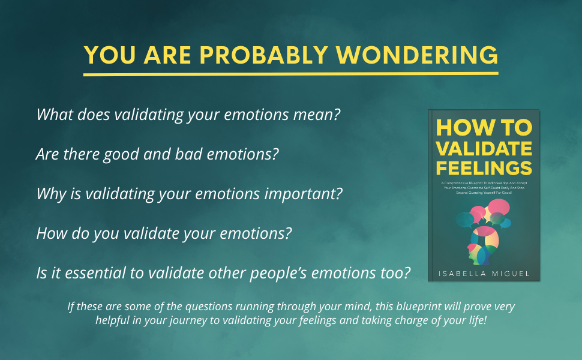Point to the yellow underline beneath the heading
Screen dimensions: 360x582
coord(291,74)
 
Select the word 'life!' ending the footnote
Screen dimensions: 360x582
coord(473,320)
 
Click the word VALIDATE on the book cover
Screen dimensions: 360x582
coord(484,147)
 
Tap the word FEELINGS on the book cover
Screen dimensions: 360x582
coord(484,166)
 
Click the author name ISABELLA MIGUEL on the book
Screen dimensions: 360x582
coord(484,273)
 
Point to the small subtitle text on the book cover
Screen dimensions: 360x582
coord(484,187)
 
